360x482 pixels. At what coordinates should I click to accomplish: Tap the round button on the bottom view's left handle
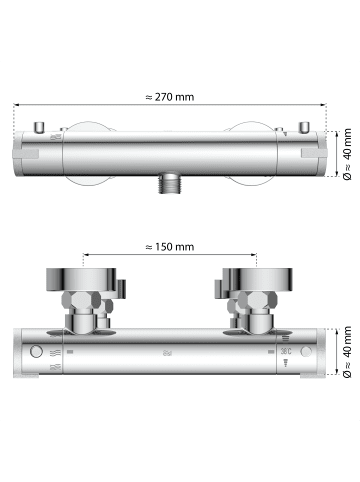point(37,352)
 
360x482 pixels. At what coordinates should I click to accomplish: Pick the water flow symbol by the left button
point(54,353)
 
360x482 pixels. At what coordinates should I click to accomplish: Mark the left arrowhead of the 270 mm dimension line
point(18,108)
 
